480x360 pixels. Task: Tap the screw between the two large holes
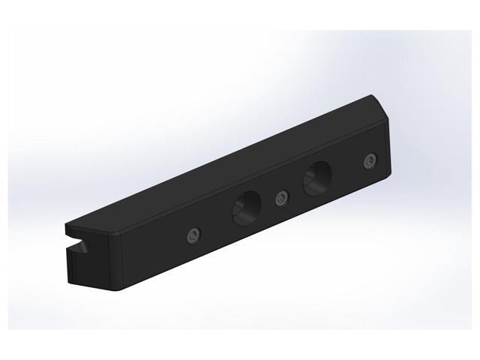[281, 198]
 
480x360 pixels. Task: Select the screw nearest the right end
[367, 161]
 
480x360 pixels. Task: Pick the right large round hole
[317, 178]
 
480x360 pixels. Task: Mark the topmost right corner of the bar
[373, 95]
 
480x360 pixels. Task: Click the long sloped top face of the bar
[225, 172]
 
